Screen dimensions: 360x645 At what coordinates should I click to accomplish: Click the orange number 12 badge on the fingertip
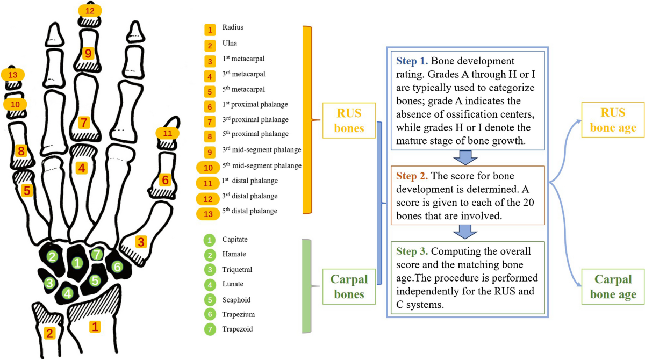pos(89,10)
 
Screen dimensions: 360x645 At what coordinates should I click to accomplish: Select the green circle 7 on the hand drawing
pos(97,254)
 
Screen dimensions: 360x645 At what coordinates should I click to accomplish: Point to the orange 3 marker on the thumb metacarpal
pos(141,241)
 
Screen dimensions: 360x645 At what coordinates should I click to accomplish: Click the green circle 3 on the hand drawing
pos(50,283)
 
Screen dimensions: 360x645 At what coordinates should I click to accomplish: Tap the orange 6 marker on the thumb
pos(165,180)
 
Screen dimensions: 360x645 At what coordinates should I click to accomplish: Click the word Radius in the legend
pos(232,27)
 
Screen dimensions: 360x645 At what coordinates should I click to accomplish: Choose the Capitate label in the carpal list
pos(235,239)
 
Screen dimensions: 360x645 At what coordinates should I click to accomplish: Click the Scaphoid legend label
pos(236,299)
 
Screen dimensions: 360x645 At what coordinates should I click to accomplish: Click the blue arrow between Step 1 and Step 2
pos(465,157)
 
